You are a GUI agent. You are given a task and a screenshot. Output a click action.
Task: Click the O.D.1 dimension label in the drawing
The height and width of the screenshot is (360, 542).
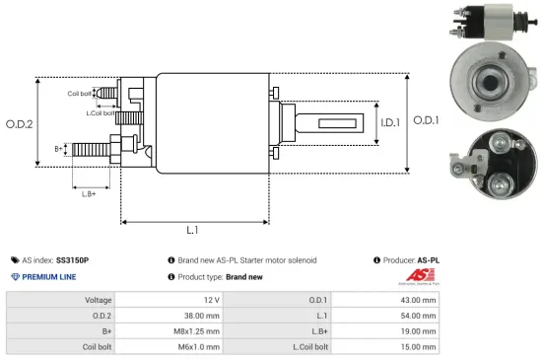click(x=425, y=119)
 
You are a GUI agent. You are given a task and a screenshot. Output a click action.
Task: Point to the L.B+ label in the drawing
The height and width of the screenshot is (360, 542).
click(x=89, y=194)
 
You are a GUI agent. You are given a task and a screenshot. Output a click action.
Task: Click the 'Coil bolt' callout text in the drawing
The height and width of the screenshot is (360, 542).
click(x=80, y=94)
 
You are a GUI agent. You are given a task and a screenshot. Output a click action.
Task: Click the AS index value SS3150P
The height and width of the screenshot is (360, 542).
click(x=73, y=259)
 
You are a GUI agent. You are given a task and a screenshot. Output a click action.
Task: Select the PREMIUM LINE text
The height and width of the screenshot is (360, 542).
click(x=50, y=277)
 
